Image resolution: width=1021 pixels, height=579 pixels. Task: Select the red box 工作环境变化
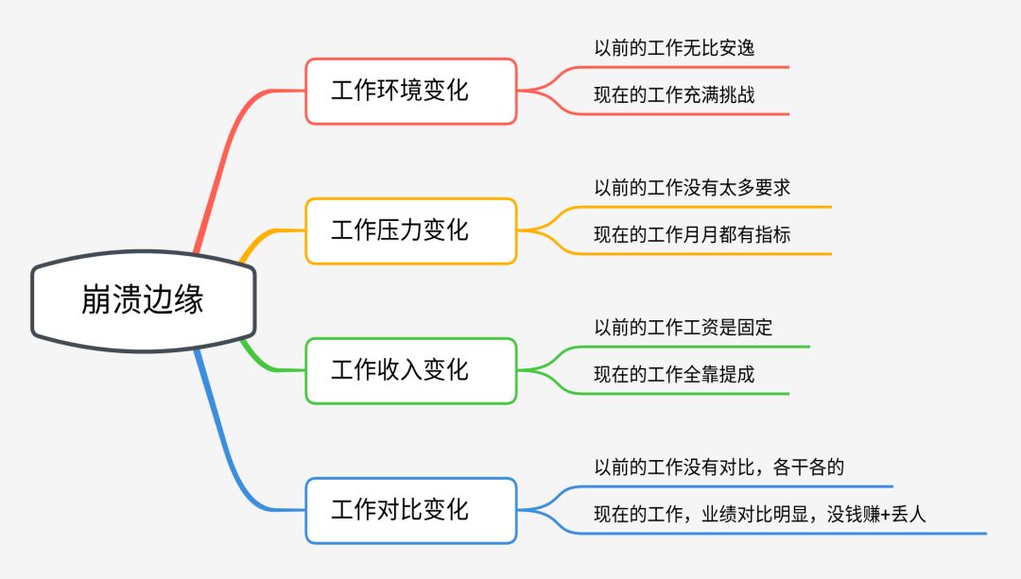click(410, 91)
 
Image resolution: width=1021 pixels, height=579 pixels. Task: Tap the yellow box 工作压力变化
click(410, 230)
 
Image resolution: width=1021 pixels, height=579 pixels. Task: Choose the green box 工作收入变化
click(410, 370)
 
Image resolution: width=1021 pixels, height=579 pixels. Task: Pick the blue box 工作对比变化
click(410, 510)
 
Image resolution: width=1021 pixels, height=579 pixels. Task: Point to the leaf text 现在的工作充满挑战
click(674, 94)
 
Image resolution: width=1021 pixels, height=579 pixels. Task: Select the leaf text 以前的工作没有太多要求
click(692, 188)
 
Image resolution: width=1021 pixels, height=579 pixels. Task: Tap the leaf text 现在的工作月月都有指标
click(692, 234)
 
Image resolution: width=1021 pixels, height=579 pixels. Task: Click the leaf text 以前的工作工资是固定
click(683, 328)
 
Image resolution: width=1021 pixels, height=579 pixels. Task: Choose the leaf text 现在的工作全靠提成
click(674, 374)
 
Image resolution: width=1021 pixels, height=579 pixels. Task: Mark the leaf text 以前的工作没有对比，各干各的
click(718, 468)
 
